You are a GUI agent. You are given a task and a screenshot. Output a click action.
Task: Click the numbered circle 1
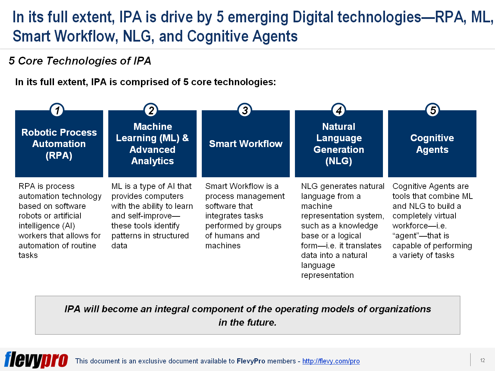(x=57, y=110)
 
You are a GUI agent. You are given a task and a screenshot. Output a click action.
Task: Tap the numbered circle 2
(x=151, y=110)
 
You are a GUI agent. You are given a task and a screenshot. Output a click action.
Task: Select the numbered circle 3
(x=245, y=110)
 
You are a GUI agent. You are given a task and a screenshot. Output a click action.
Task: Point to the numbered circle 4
(x=339, y=110)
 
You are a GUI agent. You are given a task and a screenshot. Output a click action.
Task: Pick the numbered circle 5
(x=433, y=110)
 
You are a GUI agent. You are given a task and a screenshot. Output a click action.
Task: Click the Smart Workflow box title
(x=245, y=144)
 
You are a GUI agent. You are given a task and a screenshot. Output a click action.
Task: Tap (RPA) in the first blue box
(x=59, y=156)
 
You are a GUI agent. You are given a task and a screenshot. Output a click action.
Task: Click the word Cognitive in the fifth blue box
(x=432, y=138)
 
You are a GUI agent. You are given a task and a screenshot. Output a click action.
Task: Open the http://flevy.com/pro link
(x=331, y=361)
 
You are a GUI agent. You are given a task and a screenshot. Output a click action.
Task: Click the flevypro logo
(x=36, y=360)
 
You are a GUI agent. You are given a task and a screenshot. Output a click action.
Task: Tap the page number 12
(x=482, y=360)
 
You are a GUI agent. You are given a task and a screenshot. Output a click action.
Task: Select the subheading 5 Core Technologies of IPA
(x=80, y=61)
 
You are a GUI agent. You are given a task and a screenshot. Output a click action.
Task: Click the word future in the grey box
(x=262, y=323)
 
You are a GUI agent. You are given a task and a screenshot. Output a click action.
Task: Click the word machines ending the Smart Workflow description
(x=223, y=246)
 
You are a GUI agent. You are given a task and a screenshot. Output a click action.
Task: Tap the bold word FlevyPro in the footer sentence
(x=251, y=361)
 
